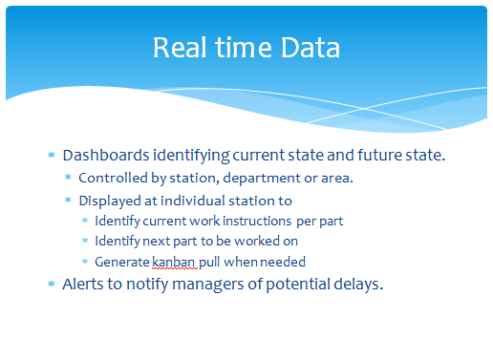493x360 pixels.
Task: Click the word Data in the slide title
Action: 311,48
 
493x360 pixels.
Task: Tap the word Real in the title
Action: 180,48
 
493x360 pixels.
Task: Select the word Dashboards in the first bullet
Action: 106,155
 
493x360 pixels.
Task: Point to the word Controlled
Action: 113,178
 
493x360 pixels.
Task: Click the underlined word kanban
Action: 173,262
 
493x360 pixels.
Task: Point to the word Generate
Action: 122,262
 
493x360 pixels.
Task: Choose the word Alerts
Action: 83,284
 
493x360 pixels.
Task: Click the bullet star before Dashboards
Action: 52,155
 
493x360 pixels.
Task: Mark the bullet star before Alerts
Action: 52,284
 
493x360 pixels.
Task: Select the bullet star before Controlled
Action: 68,177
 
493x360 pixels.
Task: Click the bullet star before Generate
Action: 85,262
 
